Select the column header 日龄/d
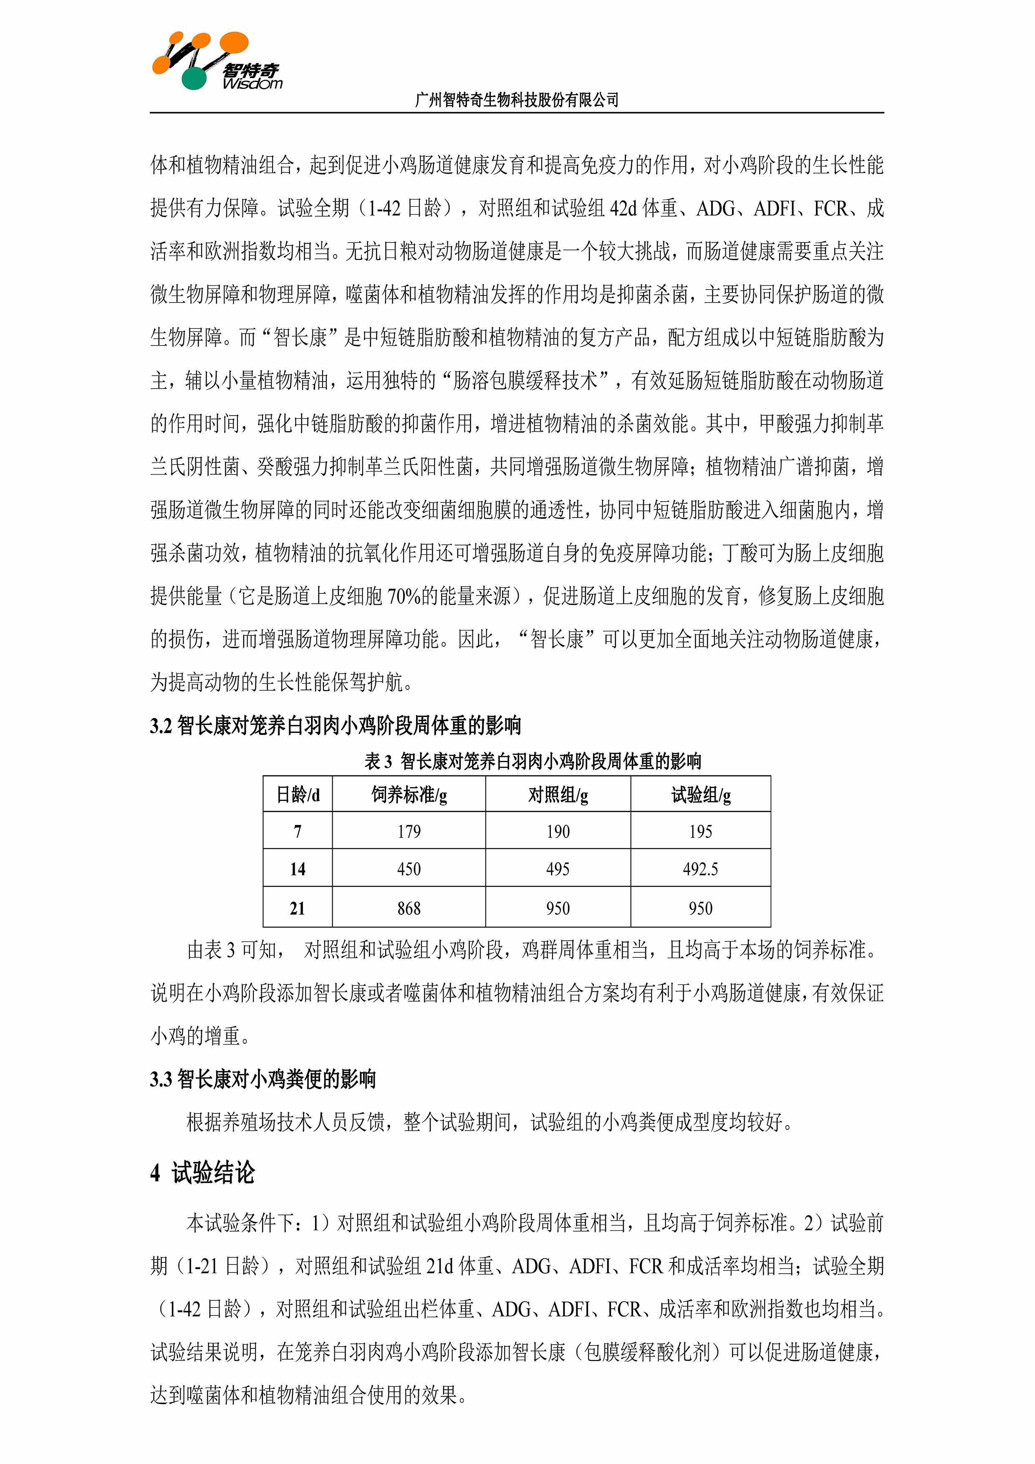[297, 795]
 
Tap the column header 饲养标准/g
[409, 795]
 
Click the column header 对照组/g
[558, 795]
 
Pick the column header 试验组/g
[700, 795]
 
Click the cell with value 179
[409, 831]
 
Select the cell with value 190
[558, 831]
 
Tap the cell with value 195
[700, 831]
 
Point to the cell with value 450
[409, 869]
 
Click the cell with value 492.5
[700, 869]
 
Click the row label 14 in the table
[297, 869]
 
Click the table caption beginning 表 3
[533, 761]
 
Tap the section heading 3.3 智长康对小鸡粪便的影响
[263, 1079]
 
